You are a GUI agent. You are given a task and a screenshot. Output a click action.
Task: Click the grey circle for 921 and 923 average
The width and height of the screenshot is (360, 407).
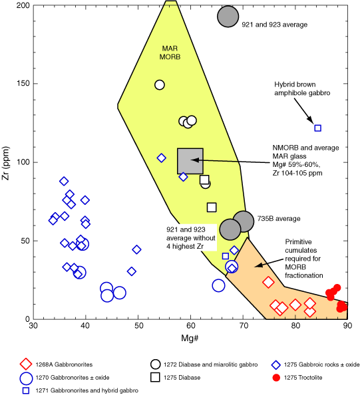click(x=228, y=17)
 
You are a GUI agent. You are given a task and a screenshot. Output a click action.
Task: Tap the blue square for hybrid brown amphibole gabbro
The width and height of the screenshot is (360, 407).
click(x=317, y=128)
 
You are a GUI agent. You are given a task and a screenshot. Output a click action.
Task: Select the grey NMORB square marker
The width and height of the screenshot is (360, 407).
click(x=190, y=161)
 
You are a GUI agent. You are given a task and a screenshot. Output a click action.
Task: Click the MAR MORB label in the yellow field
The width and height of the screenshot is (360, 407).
click(x=170, y=53)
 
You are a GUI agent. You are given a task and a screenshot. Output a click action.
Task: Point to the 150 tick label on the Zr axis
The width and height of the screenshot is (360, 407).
click(x=23, y=83)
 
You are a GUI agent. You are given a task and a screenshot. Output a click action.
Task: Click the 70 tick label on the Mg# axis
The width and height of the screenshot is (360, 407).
click(x=243, y=325)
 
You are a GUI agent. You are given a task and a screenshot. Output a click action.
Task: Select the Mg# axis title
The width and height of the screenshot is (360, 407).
click(x=190, y=338)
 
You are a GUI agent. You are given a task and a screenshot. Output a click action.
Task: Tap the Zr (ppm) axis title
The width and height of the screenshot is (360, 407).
click(x=5, y=164)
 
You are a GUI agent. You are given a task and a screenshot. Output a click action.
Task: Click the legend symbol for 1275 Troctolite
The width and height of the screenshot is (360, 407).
click(x=276, y=378)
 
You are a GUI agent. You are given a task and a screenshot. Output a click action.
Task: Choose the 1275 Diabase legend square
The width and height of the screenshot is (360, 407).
click(x=155, y=378)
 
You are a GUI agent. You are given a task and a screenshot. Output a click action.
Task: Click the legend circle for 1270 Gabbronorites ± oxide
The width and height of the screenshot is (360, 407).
click(x=26, y=378)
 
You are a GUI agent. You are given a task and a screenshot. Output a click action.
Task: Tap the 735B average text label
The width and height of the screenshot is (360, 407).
click(x=279, y=219)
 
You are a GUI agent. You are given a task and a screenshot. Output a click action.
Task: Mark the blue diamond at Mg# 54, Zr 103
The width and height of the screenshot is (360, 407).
click(x=161, y=158)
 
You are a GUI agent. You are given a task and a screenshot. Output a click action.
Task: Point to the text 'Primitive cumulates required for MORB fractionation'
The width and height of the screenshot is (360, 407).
click(x=303, y=259)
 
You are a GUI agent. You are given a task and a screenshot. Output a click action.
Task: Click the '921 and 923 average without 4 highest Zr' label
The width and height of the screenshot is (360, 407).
click(x=191, y=238)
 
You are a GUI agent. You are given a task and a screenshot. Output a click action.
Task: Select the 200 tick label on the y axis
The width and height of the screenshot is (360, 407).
click(x=23, y=5)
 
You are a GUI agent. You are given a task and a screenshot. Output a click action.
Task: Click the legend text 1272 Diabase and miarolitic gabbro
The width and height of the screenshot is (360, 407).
click(x=211, y=364)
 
